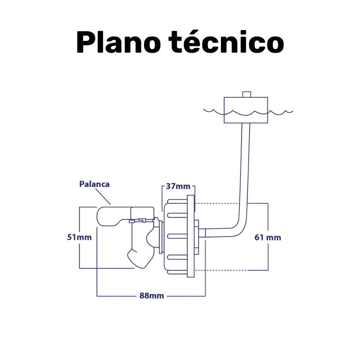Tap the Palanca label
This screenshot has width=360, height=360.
click(x=94, y=184)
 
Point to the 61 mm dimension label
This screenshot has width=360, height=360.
click(x=268, y=237)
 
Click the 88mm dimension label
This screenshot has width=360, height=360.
click(x=151, y=296)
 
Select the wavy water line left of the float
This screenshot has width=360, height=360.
click(x=214, y=110)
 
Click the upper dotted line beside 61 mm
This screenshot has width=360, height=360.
click(x=220, y=204)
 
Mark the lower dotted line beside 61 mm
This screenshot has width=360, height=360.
click(x=220, y=270)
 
